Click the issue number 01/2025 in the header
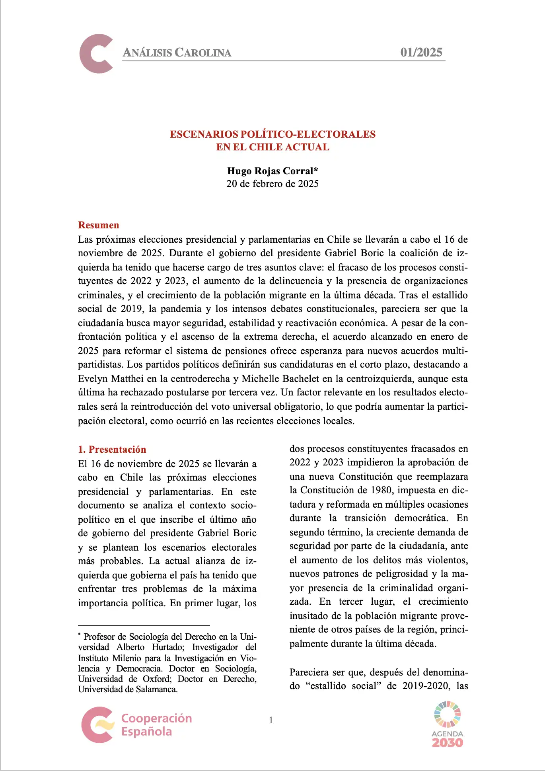[421, 52]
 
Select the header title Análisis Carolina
[177, 53]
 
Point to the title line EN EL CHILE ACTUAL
[272, 147]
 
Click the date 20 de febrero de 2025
[272, 183]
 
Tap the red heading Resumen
[98, 225]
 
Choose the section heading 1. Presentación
[112, 449]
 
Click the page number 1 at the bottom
[271, 720]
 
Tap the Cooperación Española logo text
[156, 724]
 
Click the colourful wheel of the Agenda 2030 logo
[448, 714]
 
